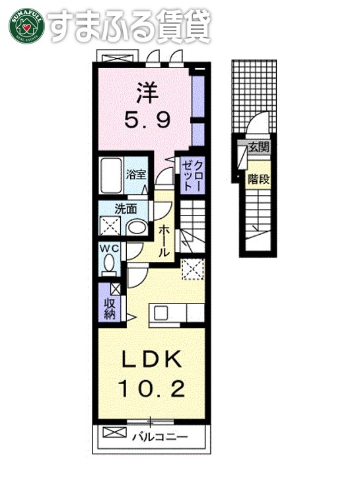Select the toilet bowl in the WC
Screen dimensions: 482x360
click(x=109, y=265)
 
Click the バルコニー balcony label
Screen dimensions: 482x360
click(x=159, y=436)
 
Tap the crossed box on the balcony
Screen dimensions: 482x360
click(x=114, y=434)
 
